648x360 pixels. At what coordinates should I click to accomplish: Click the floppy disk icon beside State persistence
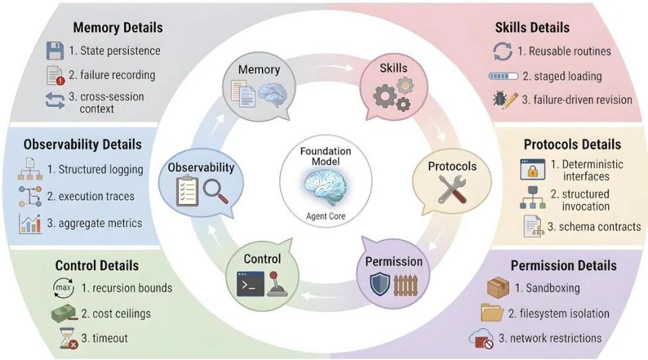click(x=55, y=51)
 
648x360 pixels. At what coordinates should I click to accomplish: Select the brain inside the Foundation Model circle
click(x=325, y=188)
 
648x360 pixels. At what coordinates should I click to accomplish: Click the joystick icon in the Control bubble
click(x=277, y=284)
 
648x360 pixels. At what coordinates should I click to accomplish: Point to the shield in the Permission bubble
click(x=380, y=284)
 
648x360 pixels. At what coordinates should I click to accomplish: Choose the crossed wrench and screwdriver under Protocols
click(x=452, y=189)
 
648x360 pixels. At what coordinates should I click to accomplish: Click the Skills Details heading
click(x=533, y=28)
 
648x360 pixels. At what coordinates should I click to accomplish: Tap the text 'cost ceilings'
click(x=122, y=313)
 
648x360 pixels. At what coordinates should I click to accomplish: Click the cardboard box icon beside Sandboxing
click(x=498, y=288)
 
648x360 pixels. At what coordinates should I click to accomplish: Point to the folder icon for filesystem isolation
click(x=492, y=313)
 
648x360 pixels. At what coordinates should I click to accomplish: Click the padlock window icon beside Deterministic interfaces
click(x=533, y=169)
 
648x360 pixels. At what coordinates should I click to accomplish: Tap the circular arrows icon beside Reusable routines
click(x=502, y=51)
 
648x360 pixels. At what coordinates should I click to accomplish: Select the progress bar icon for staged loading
click(x=504, y=76)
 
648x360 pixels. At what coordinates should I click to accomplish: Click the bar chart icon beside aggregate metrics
click(x=30, y=224)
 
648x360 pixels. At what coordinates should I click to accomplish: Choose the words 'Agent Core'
click(x=325, y=216)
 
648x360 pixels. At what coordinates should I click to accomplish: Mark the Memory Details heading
click(x=117, y=28)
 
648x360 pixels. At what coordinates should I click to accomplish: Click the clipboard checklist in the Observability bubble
click(x=187, y=190)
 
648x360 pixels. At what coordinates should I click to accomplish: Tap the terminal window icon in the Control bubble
click(x=250, y=284)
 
